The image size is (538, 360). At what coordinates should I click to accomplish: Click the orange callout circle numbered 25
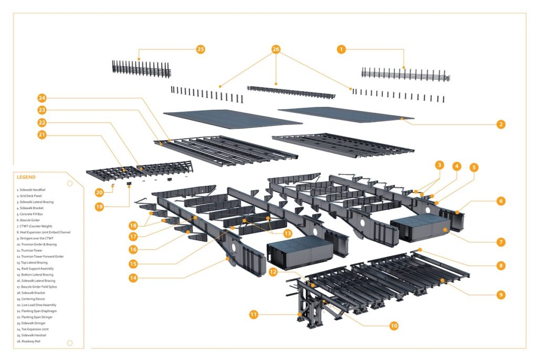(x=200, y=49)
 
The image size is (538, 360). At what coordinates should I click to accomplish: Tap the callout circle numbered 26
(x=276, y=49)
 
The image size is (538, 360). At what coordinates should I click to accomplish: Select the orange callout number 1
(x=342, y=49)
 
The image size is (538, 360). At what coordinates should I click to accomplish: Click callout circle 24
(x=42, y=98)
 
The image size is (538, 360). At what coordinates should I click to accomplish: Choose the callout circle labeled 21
(x=42, y=135)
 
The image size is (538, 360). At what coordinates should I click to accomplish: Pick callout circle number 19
(x=99, y=207)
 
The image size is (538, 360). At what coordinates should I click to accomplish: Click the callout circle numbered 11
(x=254, y=315)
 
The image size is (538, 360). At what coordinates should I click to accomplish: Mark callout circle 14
(x=133, y=278)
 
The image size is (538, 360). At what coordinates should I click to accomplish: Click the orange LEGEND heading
(x=26, y=178)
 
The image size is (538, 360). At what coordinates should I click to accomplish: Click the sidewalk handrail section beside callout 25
(x=141, y=69)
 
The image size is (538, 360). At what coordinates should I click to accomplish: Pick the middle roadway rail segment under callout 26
(x=291, y=92)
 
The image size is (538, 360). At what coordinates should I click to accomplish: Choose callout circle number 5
(x=474, y=168)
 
